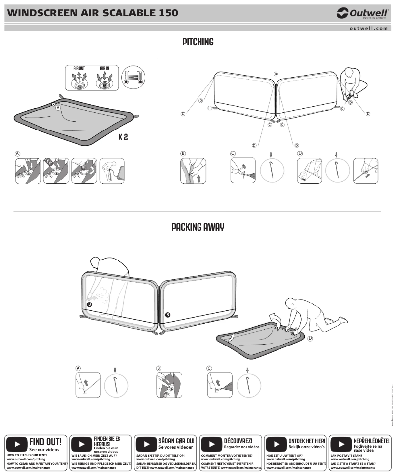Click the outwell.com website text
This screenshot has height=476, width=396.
[369, 29]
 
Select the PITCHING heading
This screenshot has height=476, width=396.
[198, 42]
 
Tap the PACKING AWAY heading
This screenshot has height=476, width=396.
[198, 227]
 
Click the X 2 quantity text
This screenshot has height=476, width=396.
[123, 137]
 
